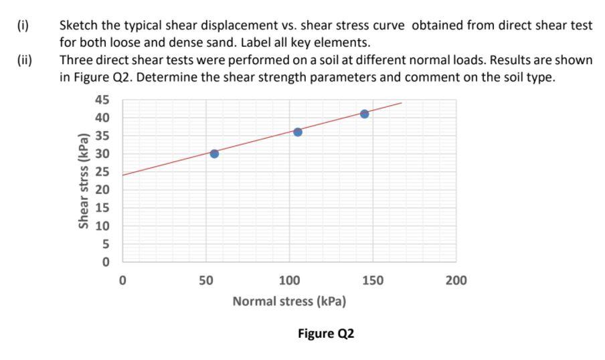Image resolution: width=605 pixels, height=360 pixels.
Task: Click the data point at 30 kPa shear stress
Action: click(214, 153)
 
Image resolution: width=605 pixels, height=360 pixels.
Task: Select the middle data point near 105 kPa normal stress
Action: click(298, 132)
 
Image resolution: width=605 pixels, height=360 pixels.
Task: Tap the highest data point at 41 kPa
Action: click(364, 114)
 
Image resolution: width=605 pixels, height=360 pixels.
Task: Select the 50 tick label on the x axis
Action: click(205, 279)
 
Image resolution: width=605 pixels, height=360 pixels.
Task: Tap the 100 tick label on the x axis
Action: click(289, 279)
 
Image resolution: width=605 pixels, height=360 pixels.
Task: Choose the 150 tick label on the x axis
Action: click(373, 279)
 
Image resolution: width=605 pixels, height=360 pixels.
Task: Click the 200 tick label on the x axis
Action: click(456, 279)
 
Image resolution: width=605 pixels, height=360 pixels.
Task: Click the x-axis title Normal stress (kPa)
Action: click(289, 301)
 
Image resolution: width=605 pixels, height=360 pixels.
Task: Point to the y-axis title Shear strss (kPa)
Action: click(84, 181)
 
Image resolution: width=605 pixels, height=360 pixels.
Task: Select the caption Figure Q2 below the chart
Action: click(326, 333)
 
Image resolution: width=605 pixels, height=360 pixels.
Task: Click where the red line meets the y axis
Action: click(122, 175)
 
